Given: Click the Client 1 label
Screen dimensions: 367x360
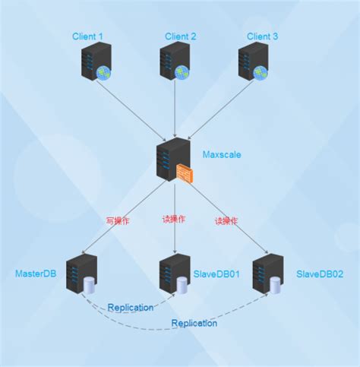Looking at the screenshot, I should pyautogui.click(x=88, y=36).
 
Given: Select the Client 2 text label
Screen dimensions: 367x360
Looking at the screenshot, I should pyautogui.click(x=181, y=36).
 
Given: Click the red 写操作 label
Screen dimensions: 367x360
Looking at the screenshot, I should pyautogui.click(x=118, y=220).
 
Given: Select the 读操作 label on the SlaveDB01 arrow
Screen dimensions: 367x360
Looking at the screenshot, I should pyautogui.click(x=174, y=220).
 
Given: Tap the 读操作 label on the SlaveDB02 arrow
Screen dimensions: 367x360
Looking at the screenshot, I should pyautogui.click(x=226, y=221).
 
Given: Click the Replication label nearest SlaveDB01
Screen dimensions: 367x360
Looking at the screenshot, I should pyautogui.click(x=131, y=308).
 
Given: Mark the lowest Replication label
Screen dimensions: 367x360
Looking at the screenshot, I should pyautogui.click(x=194, y=323).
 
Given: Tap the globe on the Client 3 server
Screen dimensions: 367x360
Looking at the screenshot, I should pyautogui.click(x=261, y=73).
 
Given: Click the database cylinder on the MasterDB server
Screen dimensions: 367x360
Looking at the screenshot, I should pyautogui.click(x=90, y=286).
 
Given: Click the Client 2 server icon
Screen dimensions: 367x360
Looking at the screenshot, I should pyautogui.click(x=174, y=61).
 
